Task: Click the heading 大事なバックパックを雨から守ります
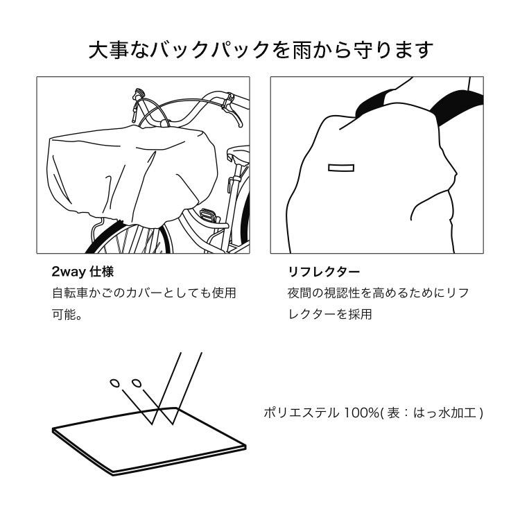coord(261,50)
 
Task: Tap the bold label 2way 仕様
coord(83,271)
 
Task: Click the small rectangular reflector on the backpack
coord(340,168)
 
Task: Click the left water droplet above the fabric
coord(115,382)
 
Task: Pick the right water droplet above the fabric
coord(136,382)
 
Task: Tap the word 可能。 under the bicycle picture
coord(68,314)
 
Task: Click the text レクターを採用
coord(330,314)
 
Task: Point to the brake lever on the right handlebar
coord(227,103)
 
